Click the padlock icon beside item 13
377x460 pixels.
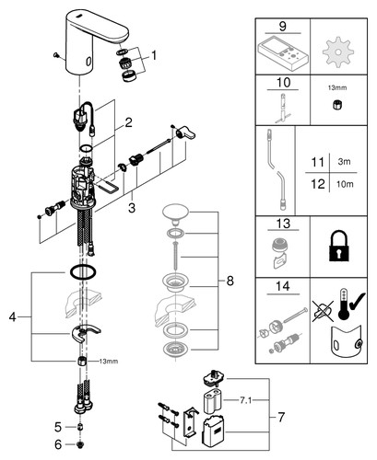pos(338,246)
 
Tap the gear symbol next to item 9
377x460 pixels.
pos(338,52)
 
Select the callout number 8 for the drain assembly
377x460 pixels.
pos(230,281)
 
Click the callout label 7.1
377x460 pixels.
pos(245,400)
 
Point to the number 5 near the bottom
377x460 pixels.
pos(58,427)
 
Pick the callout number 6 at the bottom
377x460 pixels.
pos(58,444)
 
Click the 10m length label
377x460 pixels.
pos(345,184)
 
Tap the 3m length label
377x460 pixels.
pos(344,161)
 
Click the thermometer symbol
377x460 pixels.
pos(342,305)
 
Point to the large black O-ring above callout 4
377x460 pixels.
pos(83,272)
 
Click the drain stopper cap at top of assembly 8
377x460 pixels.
pos(176,213)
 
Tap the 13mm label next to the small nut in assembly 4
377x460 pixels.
pos(109,362)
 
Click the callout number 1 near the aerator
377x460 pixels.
pos(153,55)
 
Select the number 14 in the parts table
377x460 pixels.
pos(283,286)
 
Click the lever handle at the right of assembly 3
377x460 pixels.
pos(186,132)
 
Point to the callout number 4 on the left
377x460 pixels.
pos(12,316)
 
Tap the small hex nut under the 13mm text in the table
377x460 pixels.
pos(337,105)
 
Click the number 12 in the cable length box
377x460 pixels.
pos(318,184)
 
